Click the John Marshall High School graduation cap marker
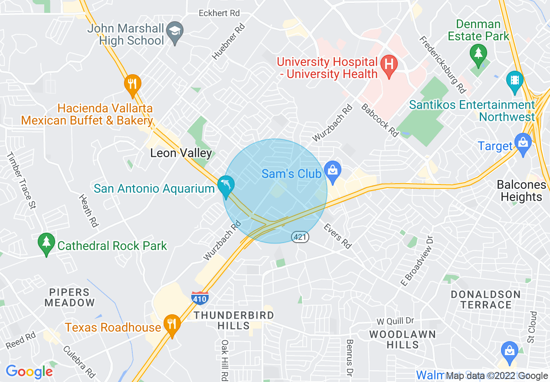pos(175,32)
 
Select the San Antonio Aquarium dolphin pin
pos(226,185)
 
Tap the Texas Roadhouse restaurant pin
pos(172,324)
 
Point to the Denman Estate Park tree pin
pos(478,55)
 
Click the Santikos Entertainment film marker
pos(515,81)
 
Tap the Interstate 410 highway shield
pos(200,298)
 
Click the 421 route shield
pos(300,237)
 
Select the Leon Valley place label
pos(181,153)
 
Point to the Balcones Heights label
pos(521,191)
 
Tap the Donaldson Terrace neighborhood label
pos(485,300)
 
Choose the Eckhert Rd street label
pos(219,13)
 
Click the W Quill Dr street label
pos(395,321)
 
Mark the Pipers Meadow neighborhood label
pos(69,297)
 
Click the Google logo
pos(29,372)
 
